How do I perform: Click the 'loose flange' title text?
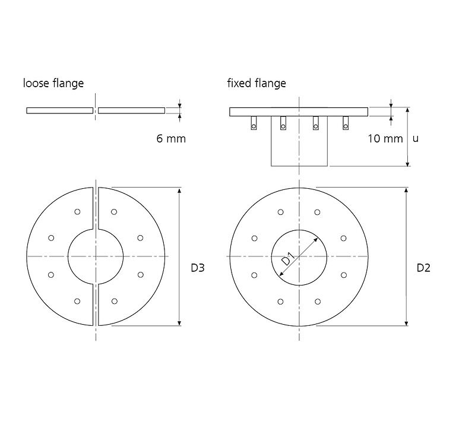coord(53,83)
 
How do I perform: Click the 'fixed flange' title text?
coord(256,83)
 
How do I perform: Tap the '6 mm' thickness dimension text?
coord(171,139)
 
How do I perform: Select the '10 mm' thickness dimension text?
coord(385,139)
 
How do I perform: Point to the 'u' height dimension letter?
coord(416,139)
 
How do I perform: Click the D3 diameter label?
coord(198,268)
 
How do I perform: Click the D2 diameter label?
coord(423,268)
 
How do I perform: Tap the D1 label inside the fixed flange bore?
coord(288,259)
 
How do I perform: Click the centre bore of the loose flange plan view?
coord(96,256)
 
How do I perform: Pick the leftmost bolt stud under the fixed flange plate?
coord(254,123)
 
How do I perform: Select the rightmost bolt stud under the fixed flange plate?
coord(346,123)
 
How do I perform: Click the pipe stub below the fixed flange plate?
coord(299,141)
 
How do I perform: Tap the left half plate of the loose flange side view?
coord(60,110)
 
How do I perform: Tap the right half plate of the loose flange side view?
coord(132,110)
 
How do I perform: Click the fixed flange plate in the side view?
coord(299,112)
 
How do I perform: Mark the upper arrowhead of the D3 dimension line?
coord(179,190)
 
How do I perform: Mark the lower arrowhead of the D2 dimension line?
coord(406,323)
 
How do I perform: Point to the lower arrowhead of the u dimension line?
coord(408,163)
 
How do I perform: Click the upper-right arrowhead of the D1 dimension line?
coord(316,240)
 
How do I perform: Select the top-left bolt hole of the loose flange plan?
coord(77,212)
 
